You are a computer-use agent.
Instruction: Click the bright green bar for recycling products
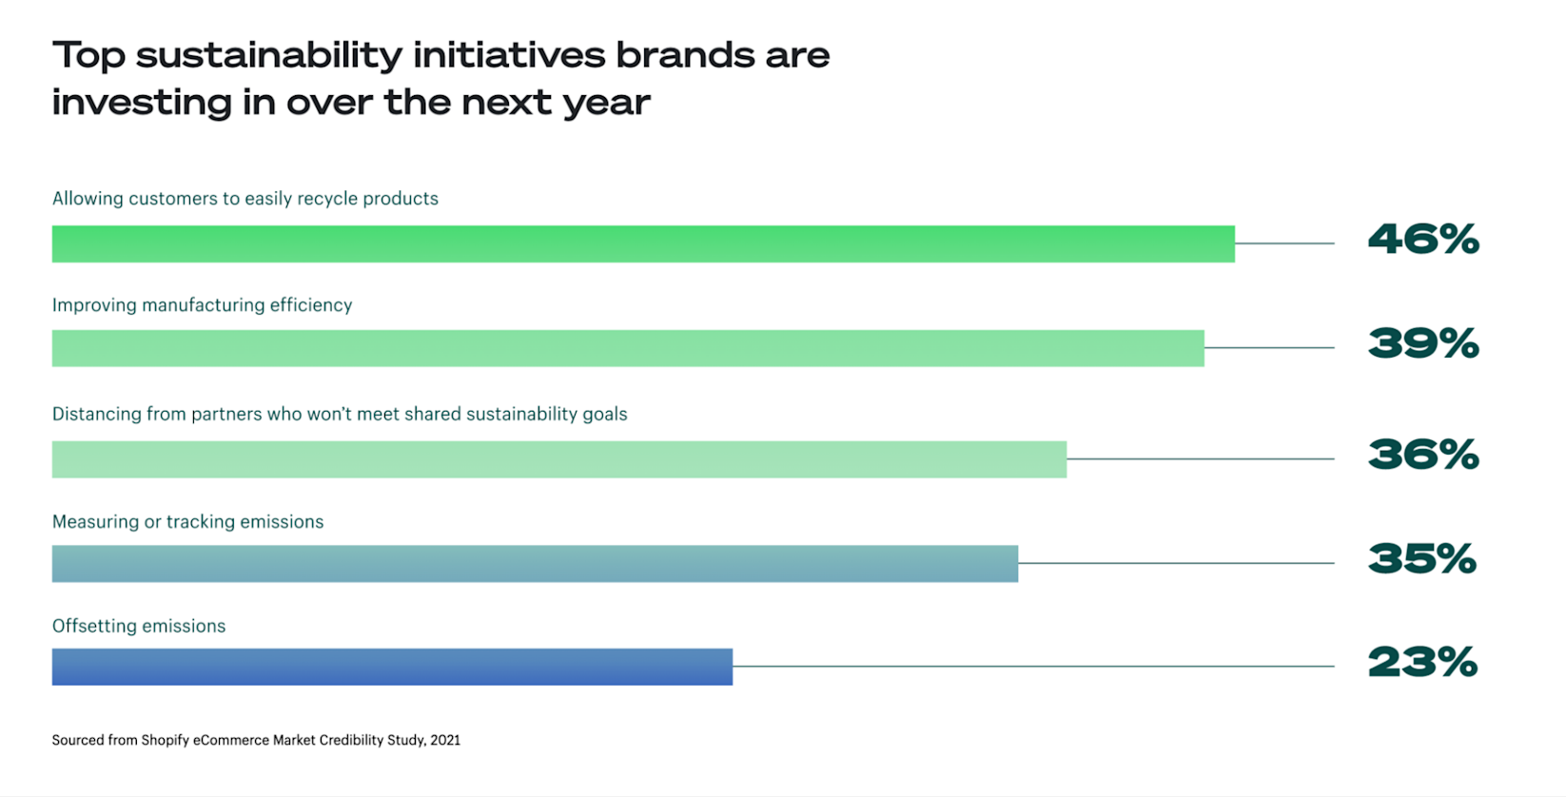(x=643, y=243)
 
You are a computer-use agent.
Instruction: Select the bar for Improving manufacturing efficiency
(x=628, y=348)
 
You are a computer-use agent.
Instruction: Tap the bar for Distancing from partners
(x=559, y=459)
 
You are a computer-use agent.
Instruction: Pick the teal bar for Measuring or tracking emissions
(x=535, y=563)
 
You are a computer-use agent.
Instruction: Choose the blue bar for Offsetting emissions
(x=392, y=667)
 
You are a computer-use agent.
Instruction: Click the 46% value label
(x=1423, y=240)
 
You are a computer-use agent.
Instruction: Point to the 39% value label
(x=1423, y=344)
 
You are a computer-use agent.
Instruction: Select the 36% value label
(x=1423, y=456)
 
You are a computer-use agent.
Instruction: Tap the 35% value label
(x=1422, y=559)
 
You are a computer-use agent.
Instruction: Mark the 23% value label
(x=1422, y=663)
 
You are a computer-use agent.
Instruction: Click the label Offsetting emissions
(x=139, y=626)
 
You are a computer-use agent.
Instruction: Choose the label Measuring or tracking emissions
(x=187, y=521)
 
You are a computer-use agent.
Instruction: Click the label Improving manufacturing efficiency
(x=202, y=305)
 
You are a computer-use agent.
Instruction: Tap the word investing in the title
(x=140, y=103)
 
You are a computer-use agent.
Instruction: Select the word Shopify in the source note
(x=166, y=740)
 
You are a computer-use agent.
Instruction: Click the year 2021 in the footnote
(x=445, y=740)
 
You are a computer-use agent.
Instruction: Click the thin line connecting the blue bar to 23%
(x=1032, y=667)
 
